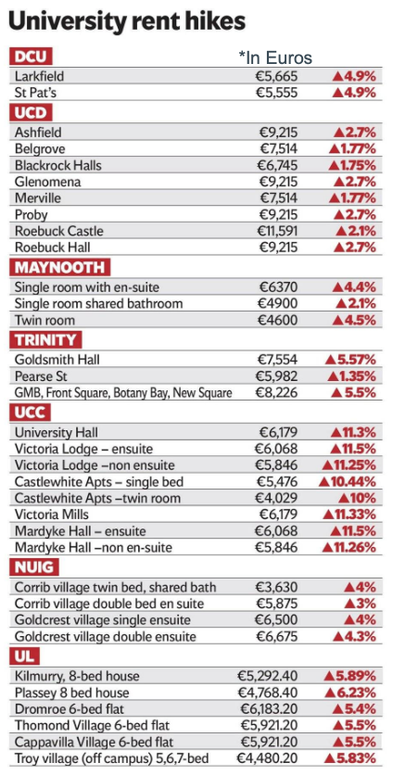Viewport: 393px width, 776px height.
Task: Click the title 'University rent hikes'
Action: pyautogui.click(x=127, y=21)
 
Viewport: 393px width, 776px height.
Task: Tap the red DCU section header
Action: pyautogui.click(x=31, y=57)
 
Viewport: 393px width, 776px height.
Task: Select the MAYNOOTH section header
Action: pyautogui.click(x=60, y=268)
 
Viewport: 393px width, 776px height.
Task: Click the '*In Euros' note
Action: pyautogui.click(x=275, y=57)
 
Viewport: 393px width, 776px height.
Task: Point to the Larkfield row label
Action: pyautogui.click(x=40, y=76)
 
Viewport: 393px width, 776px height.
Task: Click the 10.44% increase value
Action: pyautogui.click(x=349, y=481)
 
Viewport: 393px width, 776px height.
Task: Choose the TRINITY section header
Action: pyautogui.click(x=45, y=340)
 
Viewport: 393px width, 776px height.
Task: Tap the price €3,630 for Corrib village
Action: pyautogui.click(x=277, y=588)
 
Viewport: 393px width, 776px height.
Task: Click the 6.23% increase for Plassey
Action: pyautogui.click(x=349, y=692)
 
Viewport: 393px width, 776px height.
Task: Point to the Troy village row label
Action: pyautogui.click(x=112, y=757)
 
